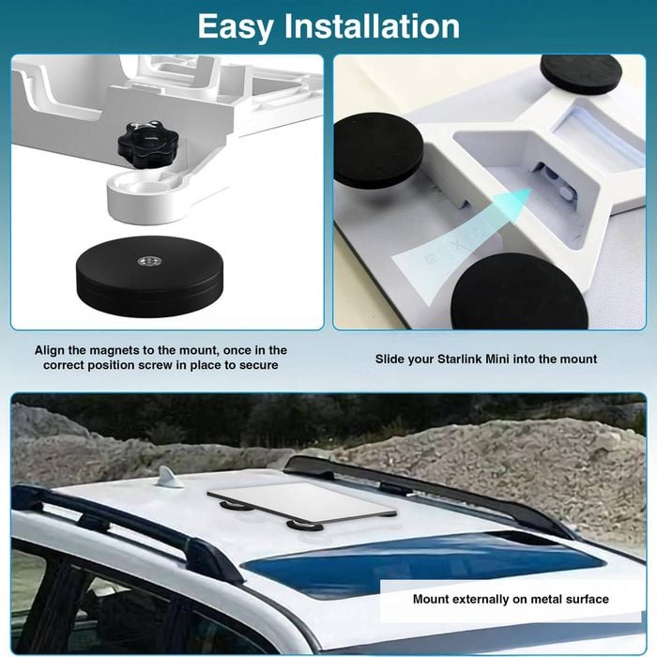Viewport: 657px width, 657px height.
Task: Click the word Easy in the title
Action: click(235, 27)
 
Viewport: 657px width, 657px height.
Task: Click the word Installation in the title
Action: click(372, 26)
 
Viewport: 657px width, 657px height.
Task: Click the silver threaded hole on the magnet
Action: click(148, 262)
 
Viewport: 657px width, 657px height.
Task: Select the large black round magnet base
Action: click(149, 276)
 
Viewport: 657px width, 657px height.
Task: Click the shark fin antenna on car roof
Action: click(168, 477)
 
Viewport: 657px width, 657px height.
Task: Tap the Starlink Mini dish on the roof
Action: click(300, 504)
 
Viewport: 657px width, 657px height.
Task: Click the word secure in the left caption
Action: click(258, 365)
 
